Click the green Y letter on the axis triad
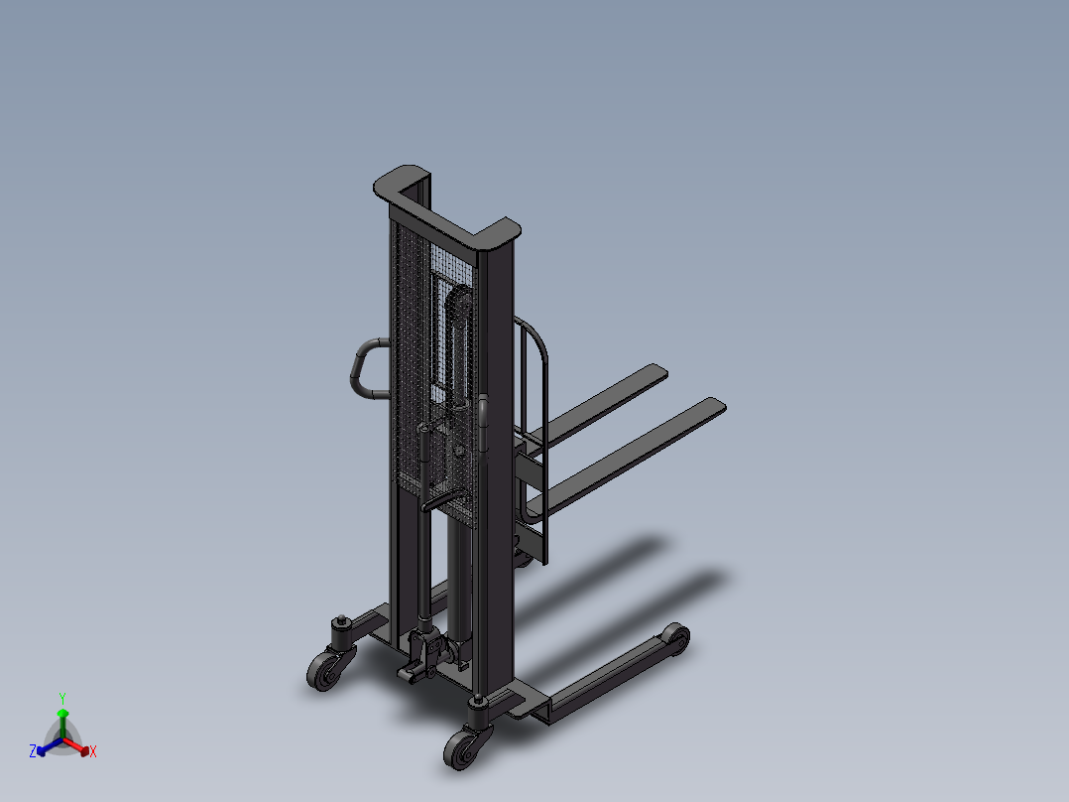click(x=62, y=698)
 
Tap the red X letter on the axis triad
click(x=93, y=752)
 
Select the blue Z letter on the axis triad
click(x=33, y=752)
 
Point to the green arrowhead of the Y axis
click(x=62, y=714)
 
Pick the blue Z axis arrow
click(x=46, y=747)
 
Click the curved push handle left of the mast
click(x=362, y=367)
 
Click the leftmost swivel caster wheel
click(x=323, y=672)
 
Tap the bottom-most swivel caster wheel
click(x=461, y=749)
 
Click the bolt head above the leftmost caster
click(x=340, y=623)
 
